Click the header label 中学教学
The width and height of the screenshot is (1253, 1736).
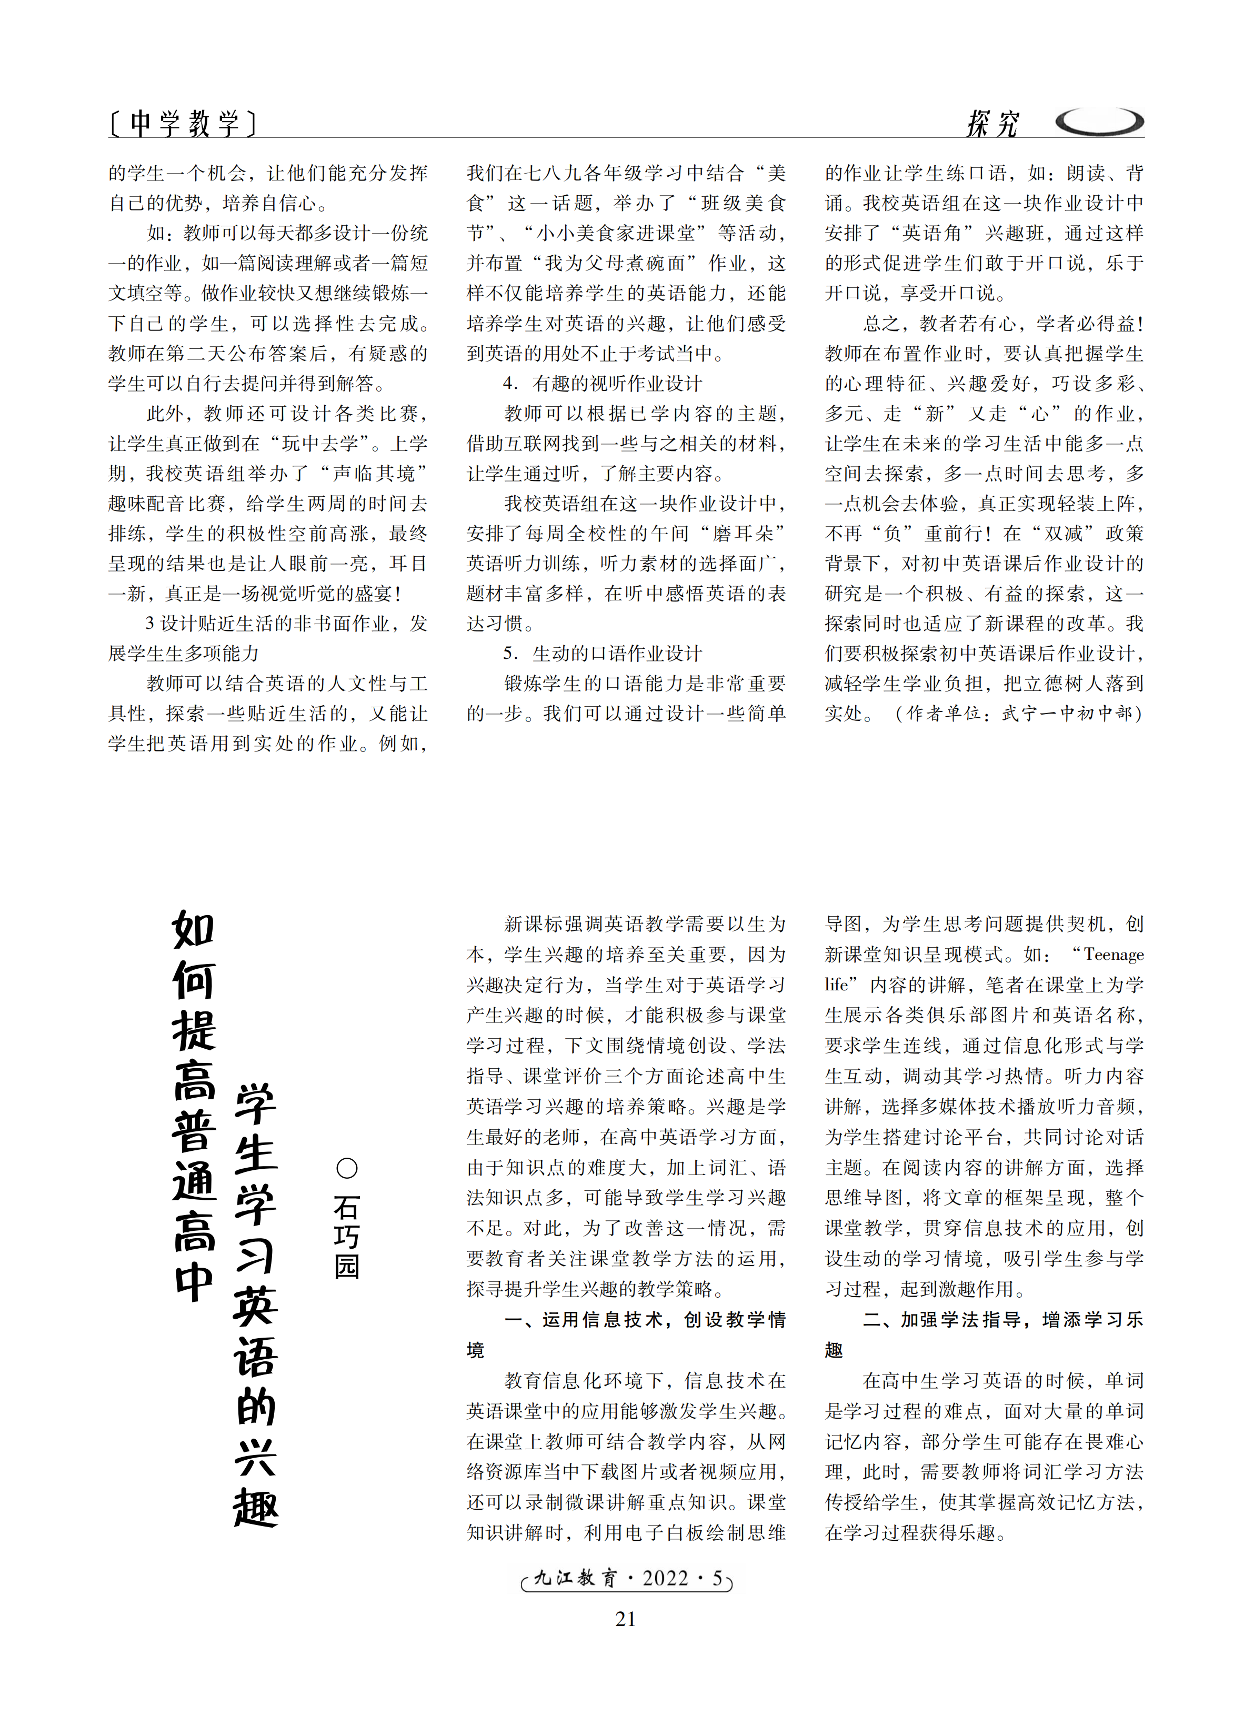(x=183, y=123)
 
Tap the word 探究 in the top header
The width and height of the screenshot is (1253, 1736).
(x=992, y=123)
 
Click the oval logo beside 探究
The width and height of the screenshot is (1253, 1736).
(x=1099, y=121)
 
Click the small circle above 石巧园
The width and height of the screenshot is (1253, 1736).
(x=347, y=1168)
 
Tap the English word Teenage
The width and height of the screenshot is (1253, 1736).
(x=1113, y=955)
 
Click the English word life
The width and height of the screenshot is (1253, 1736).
(x=837, y=985)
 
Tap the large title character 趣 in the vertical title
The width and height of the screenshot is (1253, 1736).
(x=256, y=1508)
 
